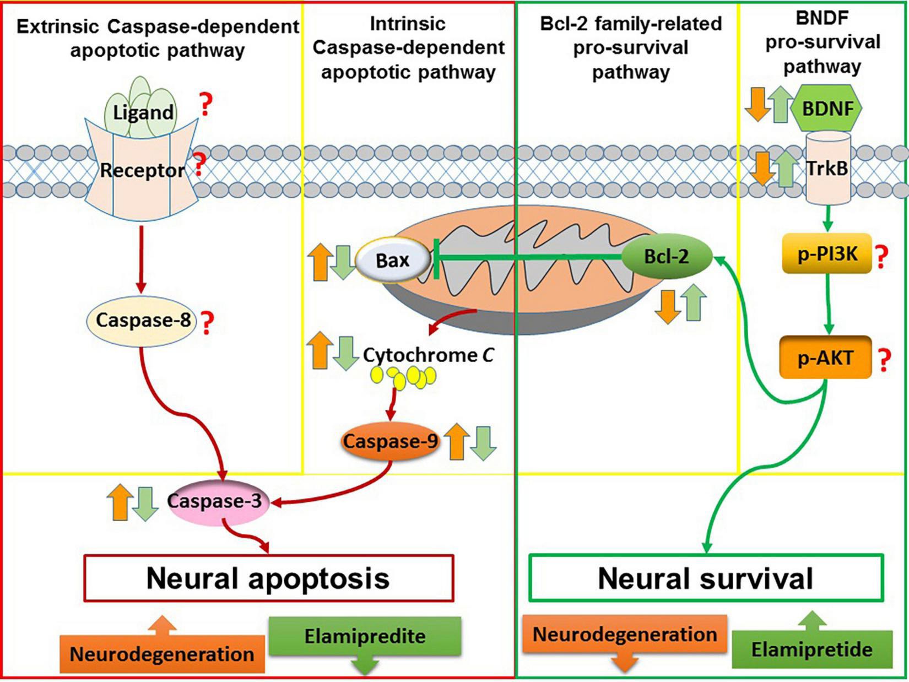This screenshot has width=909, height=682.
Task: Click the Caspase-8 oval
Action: point(141,321)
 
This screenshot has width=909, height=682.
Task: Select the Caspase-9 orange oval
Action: point(390,441)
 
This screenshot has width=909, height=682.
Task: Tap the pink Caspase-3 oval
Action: point(218,502)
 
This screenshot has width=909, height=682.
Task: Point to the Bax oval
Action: point(393,261)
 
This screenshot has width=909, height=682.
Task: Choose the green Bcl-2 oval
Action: point(667,257)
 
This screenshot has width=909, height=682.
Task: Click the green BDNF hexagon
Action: point(826,108)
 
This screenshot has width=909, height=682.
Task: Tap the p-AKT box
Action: point(825,358)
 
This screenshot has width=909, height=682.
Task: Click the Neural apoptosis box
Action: point(269,578)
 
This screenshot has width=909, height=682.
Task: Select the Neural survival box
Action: point(706,578)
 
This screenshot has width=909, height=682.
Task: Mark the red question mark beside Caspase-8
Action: point(207,323)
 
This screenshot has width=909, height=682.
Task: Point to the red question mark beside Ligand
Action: point(205,104)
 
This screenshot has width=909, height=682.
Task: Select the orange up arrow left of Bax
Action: point(320,262)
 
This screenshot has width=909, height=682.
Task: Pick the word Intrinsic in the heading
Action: point(408,24)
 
